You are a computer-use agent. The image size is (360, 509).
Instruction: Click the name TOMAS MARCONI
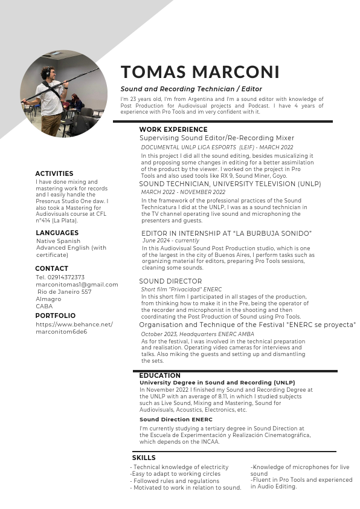[x=200, y=72]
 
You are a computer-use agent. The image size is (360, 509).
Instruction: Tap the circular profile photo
[x=59, y=93]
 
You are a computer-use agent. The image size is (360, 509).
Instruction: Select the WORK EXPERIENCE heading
[x=173, y=129]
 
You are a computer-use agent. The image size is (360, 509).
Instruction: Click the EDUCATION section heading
[x=159, y=376]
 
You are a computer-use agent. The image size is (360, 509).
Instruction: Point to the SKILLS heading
[x=144, y=458]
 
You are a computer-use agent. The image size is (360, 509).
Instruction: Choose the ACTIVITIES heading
[x=54, y=173]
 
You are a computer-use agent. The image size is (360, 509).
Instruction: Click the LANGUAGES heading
[x=57, y=233]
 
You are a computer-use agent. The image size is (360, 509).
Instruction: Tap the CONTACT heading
[x=51, y=268]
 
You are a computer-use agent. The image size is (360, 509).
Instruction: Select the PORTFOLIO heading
[x=56, y=316]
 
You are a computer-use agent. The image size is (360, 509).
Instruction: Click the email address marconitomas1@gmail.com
[x=77, y=285]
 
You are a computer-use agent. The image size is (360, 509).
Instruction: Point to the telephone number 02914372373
[x=60, y=277]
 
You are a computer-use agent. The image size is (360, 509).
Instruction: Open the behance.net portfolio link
[x=74, y=328]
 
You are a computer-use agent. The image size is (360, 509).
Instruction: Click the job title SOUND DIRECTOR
[x=170, y=282]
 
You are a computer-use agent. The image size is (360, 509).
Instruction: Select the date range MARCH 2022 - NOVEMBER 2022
[x=183, y=192]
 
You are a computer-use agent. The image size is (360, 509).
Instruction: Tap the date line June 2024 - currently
[x=171, y=241]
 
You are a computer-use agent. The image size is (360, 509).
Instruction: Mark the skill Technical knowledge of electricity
[x=180, y=467]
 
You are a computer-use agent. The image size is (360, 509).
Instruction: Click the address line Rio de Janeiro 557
[x=64, y=292]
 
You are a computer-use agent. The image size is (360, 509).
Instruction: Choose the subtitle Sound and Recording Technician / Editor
[x=191, y=89]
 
